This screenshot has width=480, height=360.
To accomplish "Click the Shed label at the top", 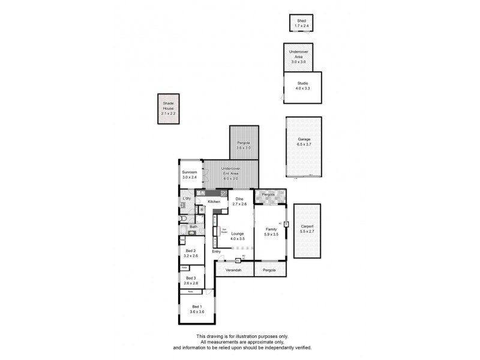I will pos(301,21).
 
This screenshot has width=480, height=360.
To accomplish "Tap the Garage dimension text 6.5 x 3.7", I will pos(304,145).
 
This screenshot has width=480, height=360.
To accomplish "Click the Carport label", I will pos(307,226).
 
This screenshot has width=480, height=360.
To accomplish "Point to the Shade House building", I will pos(168,109).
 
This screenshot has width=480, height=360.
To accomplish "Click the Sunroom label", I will pos(190,172).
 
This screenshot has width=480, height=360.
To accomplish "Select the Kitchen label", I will pos(214,202).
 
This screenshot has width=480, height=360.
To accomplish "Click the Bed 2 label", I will pos(190,251).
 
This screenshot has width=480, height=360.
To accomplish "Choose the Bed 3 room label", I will pos(190,278).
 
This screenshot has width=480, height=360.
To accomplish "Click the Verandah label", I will pos(233,271).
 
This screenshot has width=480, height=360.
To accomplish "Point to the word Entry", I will pos(216,251).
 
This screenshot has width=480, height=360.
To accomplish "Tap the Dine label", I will pos(239,199).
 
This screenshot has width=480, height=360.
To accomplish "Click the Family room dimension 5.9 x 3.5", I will pos(272,234).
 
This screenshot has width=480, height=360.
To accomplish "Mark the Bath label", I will pos(193,227).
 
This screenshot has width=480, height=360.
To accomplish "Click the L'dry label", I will pos(187,198).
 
